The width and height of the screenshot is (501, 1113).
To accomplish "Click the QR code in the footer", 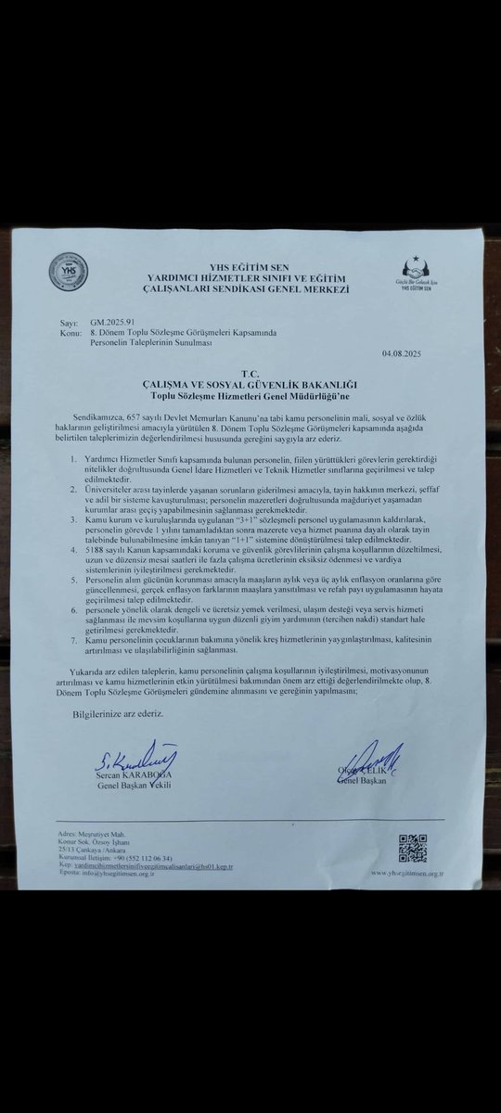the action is (x=411, y=848).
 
